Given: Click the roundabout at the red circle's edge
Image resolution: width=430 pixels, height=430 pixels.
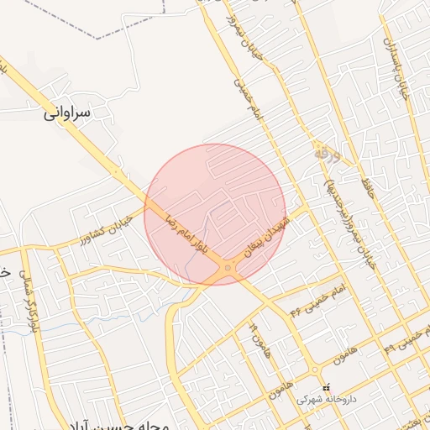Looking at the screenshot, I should point(228,268).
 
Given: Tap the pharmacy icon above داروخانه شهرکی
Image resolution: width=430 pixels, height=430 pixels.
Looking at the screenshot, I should point(327,387).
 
